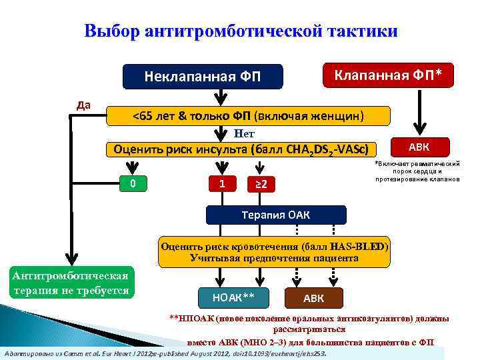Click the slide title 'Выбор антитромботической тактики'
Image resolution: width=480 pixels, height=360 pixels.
pos(241,31)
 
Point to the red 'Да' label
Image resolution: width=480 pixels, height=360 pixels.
pos(84,105)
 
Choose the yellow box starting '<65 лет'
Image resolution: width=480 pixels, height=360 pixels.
pos(248,117)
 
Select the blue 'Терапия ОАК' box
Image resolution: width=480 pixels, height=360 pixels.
pos(276,215)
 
